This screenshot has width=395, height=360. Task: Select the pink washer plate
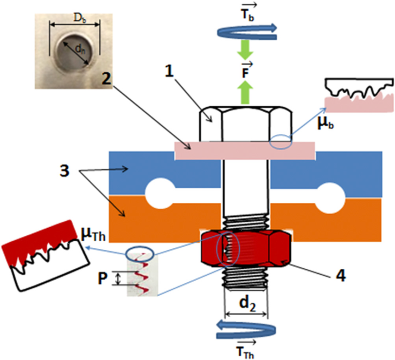click(x=244, y=150)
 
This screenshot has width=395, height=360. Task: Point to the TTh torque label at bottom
click(x=246, y=351)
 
